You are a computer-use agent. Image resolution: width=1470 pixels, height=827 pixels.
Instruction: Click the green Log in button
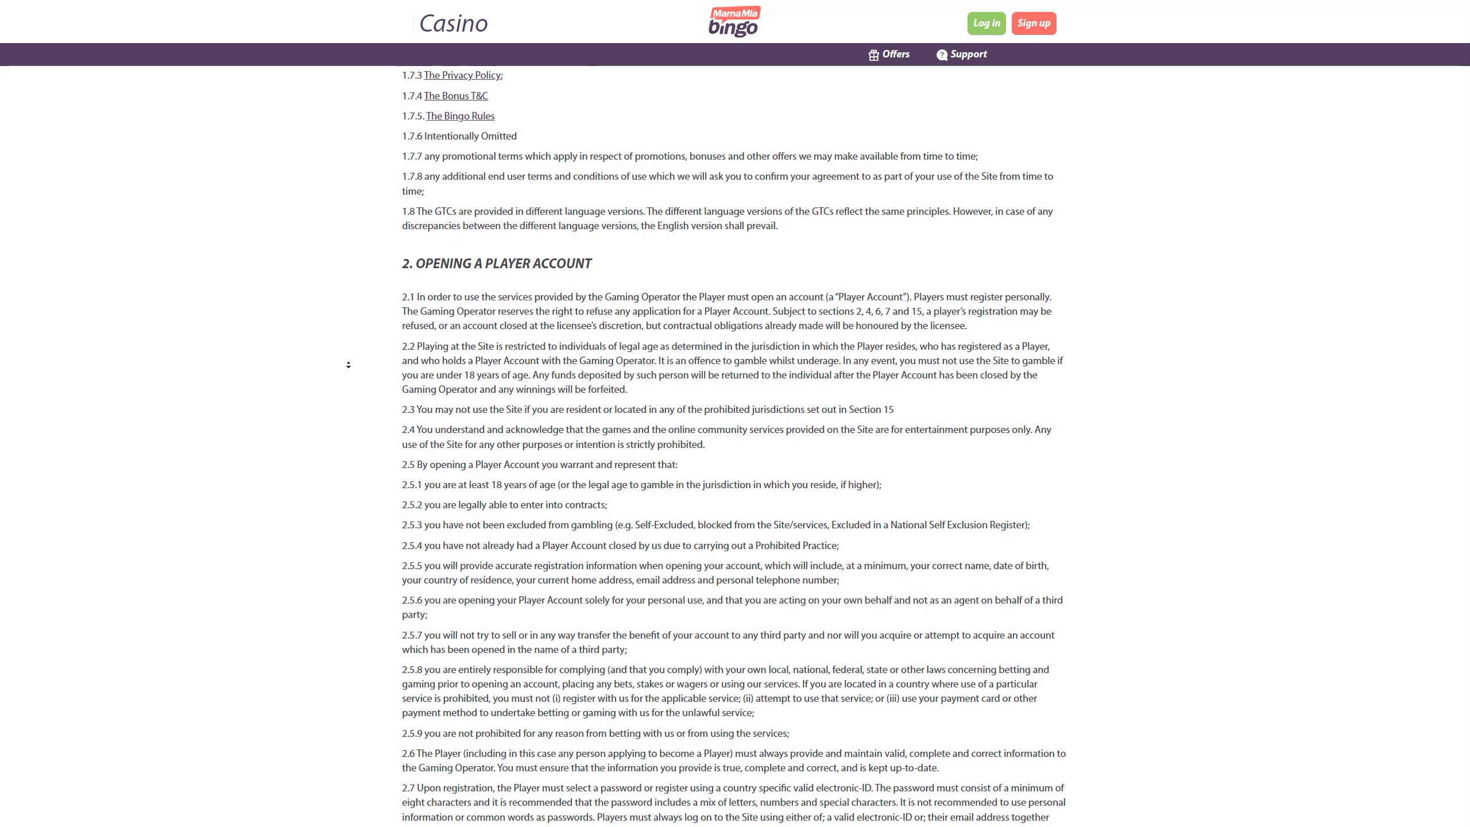986,24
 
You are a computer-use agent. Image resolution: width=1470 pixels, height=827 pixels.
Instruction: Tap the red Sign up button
1034,24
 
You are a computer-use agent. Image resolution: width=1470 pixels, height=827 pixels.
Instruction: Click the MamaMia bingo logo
734,22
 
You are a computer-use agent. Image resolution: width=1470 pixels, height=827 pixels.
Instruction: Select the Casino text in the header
453,24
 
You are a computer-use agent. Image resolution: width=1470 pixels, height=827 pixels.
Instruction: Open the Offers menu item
895,55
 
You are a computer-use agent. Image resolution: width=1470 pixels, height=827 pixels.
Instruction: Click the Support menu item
968,55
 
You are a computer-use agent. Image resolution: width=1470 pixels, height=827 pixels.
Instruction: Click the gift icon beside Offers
873,55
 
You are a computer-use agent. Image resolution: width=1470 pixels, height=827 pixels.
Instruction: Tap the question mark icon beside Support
942,55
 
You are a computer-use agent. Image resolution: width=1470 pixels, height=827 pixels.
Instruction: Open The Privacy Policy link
462,75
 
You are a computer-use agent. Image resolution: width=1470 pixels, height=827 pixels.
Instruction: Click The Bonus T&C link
456,96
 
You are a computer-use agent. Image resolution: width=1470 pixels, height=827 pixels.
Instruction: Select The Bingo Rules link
460,116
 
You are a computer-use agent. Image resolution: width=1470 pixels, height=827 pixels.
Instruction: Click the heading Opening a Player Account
497,264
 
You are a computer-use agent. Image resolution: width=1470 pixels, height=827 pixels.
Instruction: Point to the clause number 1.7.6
412,136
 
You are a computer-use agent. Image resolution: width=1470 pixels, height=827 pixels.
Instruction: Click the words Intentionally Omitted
470,136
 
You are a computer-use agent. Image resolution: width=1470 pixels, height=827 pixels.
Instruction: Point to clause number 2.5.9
412,733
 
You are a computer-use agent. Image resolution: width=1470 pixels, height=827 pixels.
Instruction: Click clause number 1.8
408,211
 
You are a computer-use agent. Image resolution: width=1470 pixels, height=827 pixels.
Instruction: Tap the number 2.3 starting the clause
408,409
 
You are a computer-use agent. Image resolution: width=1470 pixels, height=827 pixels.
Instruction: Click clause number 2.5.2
412,505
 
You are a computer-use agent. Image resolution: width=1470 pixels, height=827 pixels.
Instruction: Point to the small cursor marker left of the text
349,365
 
